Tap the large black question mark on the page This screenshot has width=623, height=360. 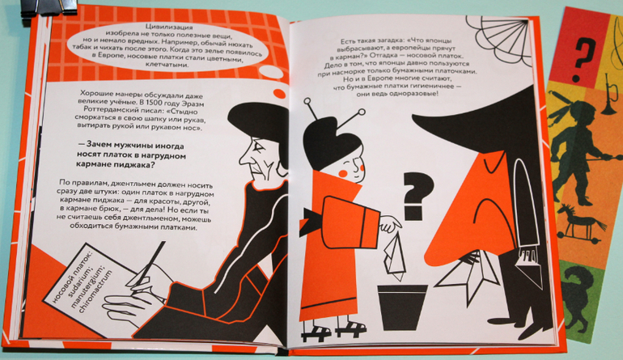pyautogui.click(x=418, y=196)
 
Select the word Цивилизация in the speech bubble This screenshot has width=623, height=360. pyautogui.click(x=169, y=28)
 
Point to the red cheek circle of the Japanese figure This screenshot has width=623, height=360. pyautogui.click(x=343, y=173)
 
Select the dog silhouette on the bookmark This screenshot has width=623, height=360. pyautogui.click(x=582, y=294)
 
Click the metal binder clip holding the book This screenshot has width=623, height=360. pyautogui.click(x=48, y=7)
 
